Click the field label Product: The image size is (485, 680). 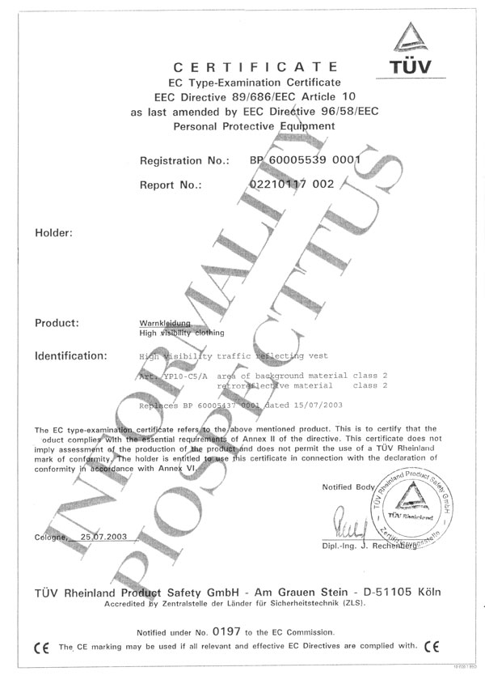tap(57, 323)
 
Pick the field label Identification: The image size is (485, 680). tap(70, 355)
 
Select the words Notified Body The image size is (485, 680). tap(348, 487)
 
